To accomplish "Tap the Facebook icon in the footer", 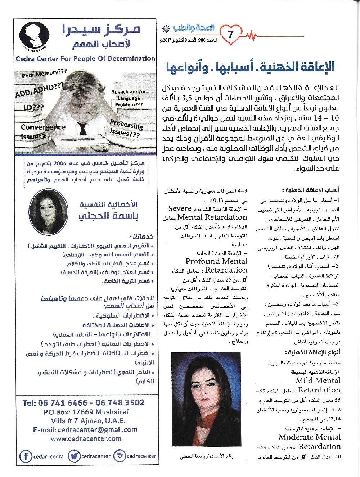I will pyautogui.click(x=26, y=456).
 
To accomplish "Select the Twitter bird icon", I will pyautogui.click(x=74, y=456).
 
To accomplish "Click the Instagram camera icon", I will pyautogui.click(x=120, y=456).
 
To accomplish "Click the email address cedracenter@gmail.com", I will pyautogui.click(x=85, y=429).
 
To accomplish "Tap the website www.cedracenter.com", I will pyautogui.click(x=86, y=438).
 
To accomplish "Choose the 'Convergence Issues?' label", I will pyautogui.click(x=43, y=131).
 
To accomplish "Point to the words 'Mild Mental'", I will pyautogui.click(x=318, y=380).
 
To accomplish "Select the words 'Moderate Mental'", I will pyautogui.click(x=310, y=437).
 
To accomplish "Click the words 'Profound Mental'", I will pyautogui.click(x=216, y=261).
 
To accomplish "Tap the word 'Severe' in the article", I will pyautogui.click(x=180, y=208).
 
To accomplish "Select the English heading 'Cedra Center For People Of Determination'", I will pyautogui.click(x=85, y=58).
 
